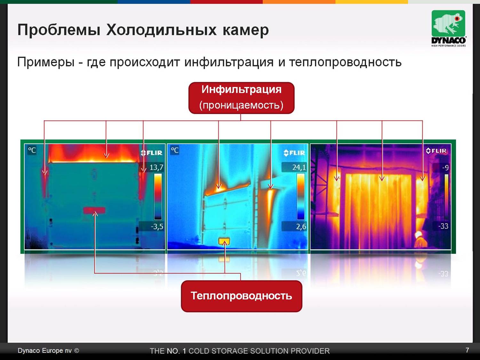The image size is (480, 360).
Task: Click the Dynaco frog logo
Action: click(x=448, y=28)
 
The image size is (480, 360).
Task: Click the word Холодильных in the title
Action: click(x=161, y=30)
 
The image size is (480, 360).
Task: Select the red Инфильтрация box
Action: click(x=241, y=98)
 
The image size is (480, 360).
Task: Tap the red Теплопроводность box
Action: click(x=241, y=296)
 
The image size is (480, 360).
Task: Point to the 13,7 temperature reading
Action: click(x=156, y=167)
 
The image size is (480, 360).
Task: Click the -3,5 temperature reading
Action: click(x=157, y=227)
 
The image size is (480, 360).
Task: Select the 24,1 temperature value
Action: click(x=299, y=167)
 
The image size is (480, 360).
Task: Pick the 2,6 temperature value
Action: click(x=301, y=227)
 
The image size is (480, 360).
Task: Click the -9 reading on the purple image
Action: click(x=445, y=168)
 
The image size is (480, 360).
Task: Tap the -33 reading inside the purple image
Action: click(x=443, y=226)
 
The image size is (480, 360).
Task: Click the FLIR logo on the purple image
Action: click(x=436, y=151)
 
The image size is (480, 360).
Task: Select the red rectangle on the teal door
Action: click(x=94, y=210)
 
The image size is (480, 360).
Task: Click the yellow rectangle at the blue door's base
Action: click(x=224, y=241)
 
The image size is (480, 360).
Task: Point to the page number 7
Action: click(x=467, y=350)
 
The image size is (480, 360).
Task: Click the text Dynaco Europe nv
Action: click(x=44, y=351)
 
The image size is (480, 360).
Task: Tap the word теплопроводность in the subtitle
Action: click(x=345, y=62)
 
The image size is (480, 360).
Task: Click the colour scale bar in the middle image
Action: click(x=300, y=196)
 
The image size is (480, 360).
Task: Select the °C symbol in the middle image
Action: click(x=175, y=150)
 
